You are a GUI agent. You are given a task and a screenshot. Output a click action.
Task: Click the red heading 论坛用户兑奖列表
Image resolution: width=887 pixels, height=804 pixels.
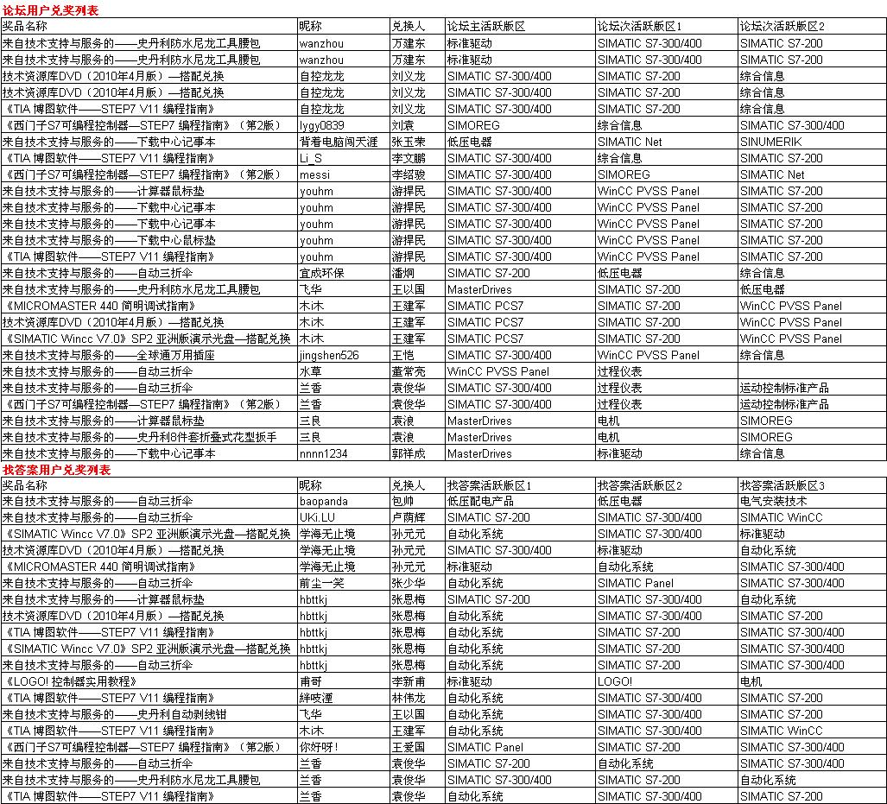pyautogui.click(x=50, y=10)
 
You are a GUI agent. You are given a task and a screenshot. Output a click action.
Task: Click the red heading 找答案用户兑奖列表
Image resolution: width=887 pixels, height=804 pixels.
pyautogui.click(x=56, y=470)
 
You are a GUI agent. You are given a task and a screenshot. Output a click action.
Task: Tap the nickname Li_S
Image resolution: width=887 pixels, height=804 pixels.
pyautogui.click(x=311, y=158)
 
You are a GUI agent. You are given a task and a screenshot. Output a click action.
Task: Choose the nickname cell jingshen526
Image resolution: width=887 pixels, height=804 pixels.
pyautogui.click(x=329, y=355)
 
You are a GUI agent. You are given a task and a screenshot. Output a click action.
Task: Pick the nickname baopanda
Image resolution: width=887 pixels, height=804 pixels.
pyautogui.click(x=324, y=502)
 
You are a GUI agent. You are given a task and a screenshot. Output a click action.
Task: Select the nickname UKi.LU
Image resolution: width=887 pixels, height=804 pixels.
pyautogui.click(x=317, y=518)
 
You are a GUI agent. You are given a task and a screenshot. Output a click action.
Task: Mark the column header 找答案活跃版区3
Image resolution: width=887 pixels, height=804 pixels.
pyautogui.click(x=782, y=486)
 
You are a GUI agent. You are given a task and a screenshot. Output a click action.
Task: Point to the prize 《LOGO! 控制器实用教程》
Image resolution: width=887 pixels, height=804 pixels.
pyautogui.click(x=70, y=681)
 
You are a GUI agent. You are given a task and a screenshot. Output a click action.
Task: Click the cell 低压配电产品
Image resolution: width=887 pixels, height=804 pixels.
pyautogui.click(x=480, y=502)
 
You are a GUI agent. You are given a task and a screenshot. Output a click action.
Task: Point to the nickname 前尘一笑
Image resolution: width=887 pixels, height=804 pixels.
pyautogui.click(x=321, y=584)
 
